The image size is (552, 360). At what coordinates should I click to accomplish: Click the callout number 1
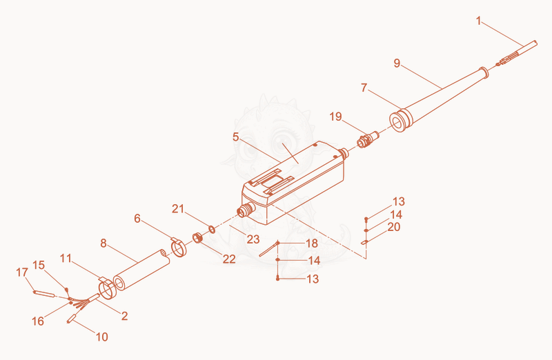[x=478, y=21]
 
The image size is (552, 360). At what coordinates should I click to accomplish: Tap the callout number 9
[x=397, y=63]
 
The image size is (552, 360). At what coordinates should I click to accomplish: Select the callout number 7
[x=364, y=88]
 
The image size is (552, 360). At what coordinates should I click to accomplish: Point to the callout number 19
[x=335, y=117]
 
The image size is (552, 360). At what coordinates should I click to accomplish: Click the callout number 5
[x=236, y=137]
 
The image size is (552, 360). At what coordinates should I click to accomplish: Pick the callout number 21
[x=178, y=209]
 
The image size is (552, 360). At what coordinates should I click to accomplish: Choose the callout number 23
[x=253, y=239]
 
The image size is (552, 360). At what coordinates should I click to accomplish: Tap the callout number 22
[x=229, y=259]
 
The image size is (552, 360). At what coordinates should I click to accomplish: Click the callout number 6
[x=137, y=219]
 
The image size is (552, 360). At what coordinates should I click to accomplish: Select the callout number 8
[x=103, y=243]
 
